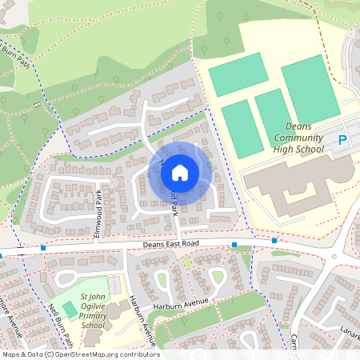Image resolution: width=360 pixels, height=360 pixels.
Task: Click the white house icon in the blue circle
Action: pyautogui.click(x=180, y=172)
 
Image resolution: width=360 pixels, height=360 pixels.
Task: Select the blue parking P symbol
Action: pyautogui.click(x=342, y=141)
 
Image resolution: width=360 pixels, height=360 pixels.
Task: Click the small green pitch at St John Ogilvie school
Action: pyautogui.click(x=70, y=309)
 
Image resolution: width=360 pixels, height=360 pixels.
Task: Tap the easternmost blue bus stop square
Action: pyautogui.click(x=274, y=240)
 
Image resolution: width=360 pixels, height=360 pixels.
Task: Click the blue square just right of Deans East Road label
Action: pyautogui.click(x=234, y=244)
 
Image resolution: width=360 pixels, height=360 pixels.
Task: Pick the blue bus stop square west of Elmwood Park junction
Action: pyautogui.click(x=42, y=248)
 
